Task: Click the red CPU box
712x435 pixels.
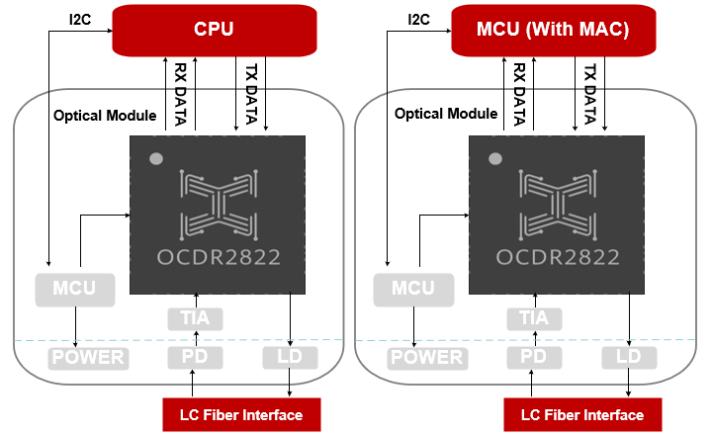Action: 214,30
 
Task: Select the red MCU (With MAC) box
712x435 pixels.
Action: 553,30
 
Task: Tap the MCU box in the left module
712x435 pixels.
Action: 75,290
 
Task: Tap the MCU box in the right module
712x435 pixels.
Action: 412,290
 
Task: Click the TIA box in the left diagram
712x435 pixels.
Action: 195,318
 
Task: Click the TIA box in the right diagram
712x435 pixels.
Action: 533,318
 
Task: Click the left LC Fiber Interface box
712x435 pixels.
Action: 240,414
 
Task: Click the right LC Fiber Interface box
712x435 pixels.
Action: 580,414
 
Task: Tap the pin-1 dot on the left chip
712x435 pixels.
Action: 155,158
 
